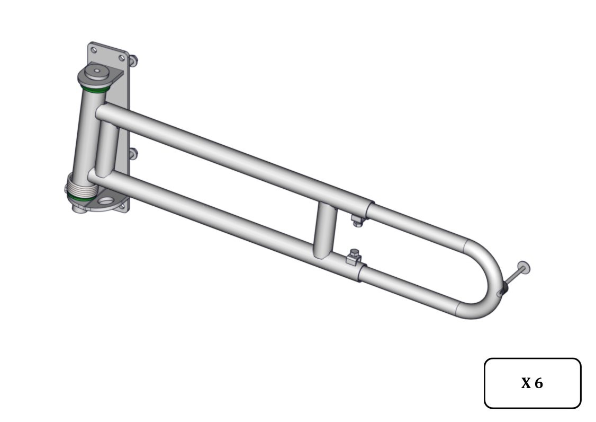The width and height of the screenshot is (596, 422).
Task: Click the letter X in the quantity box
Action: click(526, 383)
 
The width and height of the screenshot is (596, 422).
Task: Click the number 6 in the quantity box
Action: click(539, 383)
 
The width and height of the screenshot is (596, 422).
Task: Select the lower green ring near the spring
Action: click(81, 198)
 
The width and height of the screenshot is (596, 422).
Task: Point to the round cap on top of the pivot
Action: click(96, 71)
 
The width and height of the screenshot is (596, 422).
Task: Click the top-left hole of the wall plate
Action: click(94, 49)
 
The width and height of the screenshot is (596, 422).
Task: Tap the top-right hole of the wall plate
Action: click(122, 58)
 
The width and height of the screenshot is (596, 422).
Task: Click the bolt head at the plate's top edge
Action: click(133, 60)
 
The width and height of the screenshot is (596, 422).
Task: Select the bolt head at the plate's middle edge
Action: click(133, 154)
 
